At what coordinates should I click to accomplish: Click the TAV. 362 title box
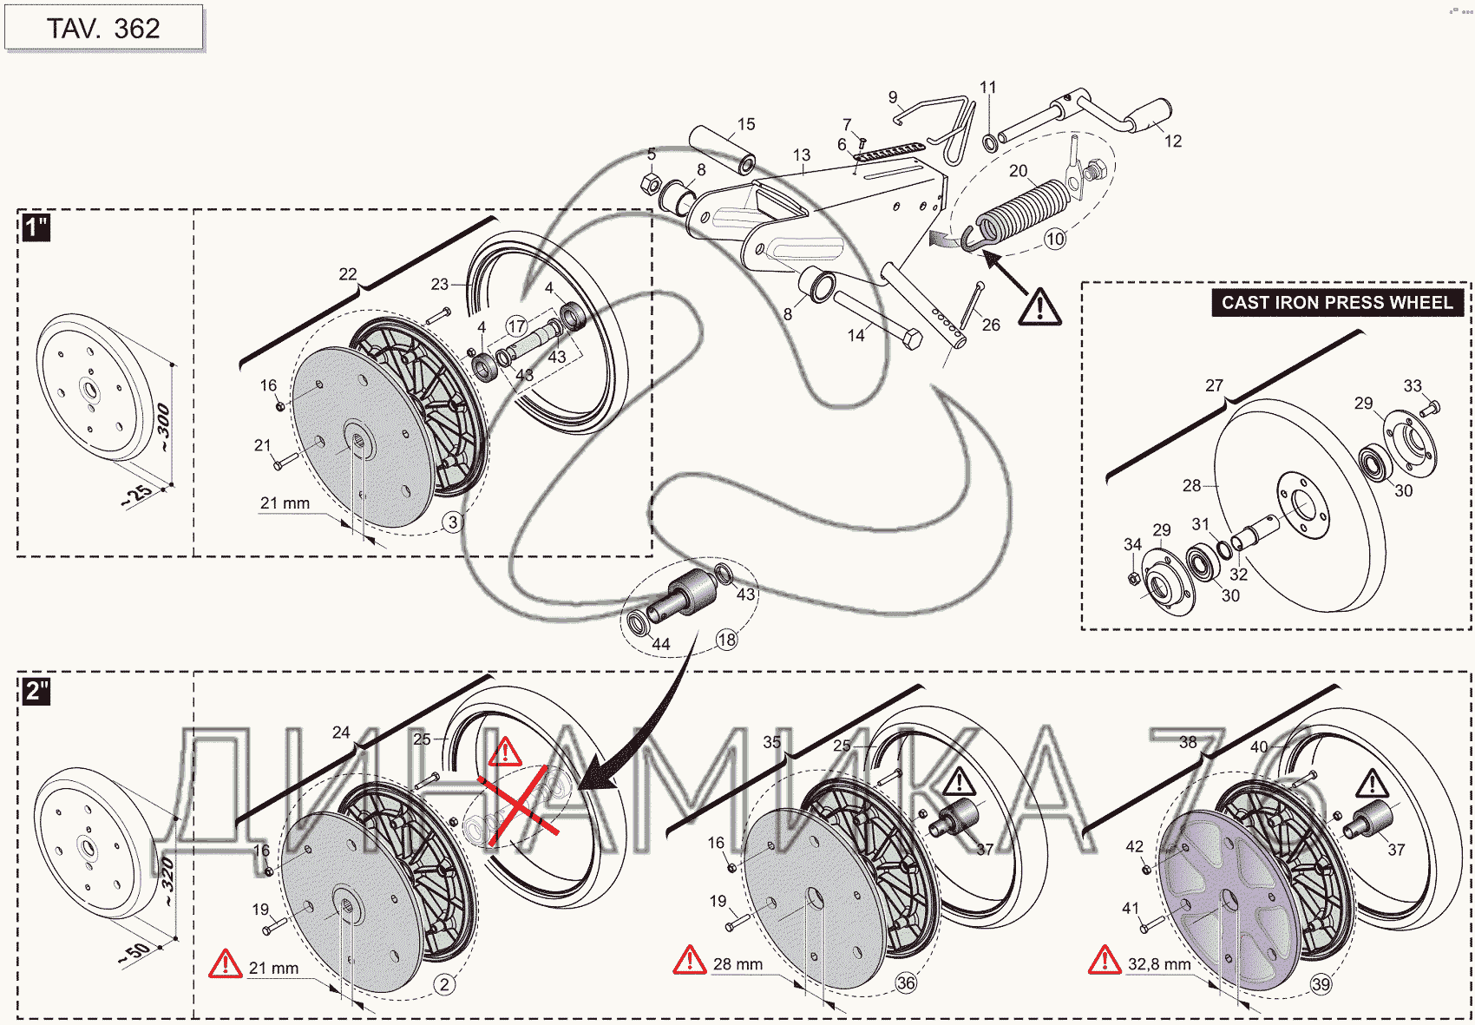tap(103, 29)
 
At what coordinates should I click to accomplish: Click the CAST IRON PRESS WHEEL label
tap(1336, 303)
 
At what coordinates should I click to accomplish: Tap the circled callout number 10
tap(1054, 239)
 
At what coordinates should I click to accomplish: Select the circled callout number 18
tap(726, 640)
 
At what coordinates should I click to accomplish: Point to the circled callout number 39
tap(1321, 984)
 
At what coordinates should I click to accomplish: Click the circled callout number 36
tap(906, 982)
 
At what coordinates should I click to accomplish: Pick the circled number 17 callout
tap(517, 326)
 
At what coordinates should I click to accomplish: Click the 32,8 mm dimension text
tap(1159, 964)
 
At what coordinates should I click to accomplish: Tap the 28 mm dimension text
tap(737, 964)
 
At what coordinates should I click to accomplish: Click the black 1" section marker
tap(36, 228)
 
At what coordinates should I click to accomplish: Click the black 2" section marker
tap(36, 692)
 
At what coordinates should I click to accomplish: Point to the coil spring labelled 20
tap(1024, 211)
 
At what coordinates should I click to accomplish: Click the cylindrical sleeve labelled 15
tap(722, 149)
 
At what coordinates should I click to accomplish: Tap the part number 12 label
tap(1173, 141)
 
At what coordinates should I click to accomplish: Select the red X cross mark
tap(518, 806)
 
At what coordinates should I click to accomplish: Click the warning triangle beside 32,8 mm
tap(1105, 960)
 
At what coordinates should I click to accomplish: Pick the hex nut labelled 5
tap(651, 183)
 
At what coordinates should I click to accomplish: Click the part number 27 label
tap(1214, 385)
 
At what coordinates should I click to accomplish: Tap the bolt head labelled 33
tap(1432, 405)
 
